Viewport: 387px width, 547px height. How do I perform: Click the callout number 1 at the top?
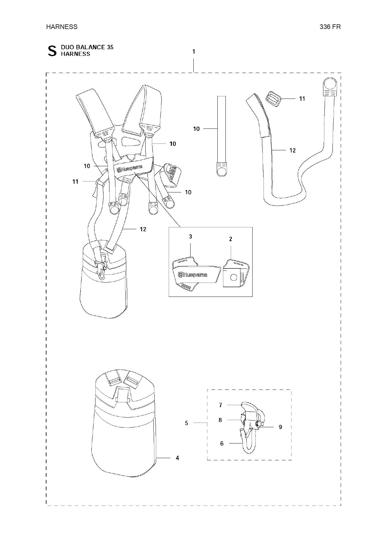click(194, 51)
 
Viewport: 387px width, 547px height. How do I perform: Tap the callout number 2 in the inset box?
click(230, 239)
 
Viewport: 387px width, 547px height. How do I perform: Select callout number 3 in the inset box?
click(191, 237)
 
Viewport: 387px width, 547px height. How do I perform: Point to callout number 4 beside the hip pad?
click(177, 458)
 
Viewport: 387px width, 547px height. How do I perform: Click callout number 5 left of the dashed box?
click(186, 423)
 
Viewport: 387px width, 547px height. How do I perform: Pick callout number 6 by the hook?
click(222, 443)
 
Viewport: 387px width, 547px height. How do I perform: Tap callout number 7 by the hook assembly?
click(220, 405)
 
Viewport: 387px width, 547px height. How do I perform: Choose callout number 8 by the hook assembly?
click(220, 420)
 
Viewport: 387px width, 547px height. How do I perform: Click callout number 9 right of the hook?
click(280, 427)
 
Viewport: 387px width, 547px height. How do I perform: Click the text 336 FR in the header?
click(330, 27)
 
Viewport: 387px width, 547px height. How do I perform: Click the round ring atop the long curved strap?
click(330, 85)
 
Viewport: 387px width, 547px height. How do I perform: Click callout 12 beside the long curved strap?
click(293, 150)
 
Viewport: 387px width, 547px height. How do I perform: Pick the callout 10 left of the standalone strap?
click(196, 129)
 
